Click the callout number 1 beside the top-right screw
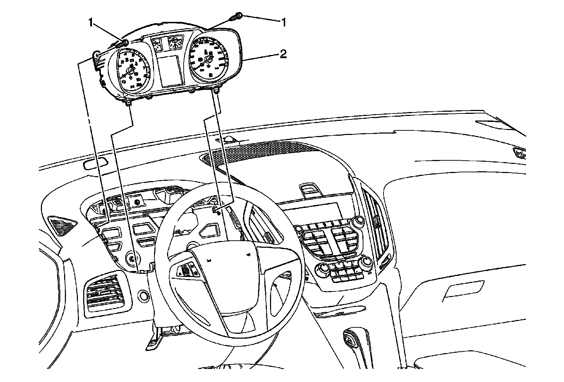(x=283, y=22)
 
